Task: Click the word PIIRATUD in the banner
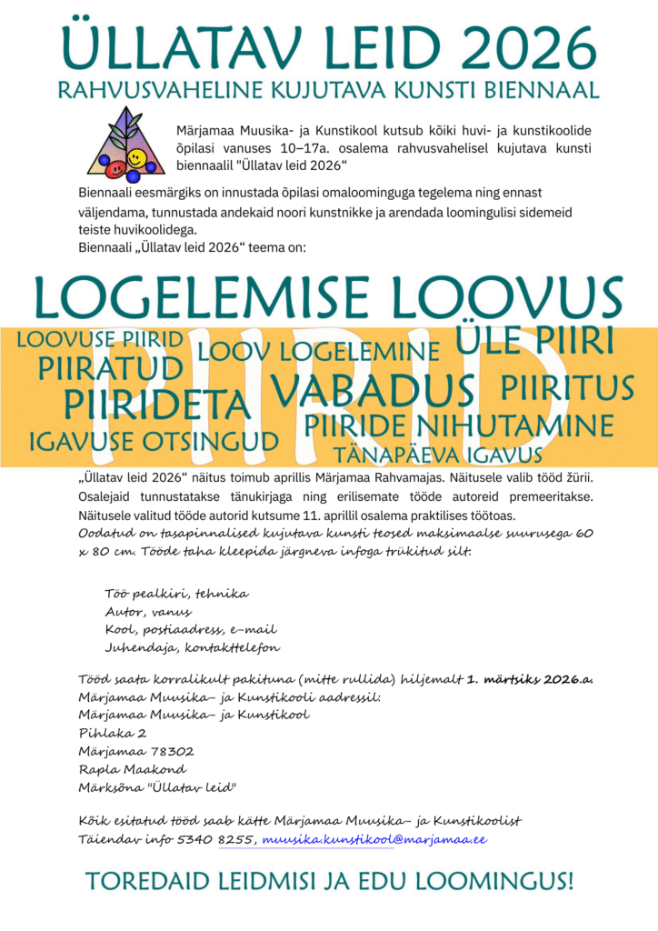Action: point(111,368)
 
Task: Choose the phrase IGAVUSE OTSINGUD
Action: point(154,442)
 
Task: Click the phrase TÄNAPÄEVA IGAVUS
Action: point(439,454)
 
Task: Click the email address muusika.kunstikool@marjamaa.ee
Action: point(374,839)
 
